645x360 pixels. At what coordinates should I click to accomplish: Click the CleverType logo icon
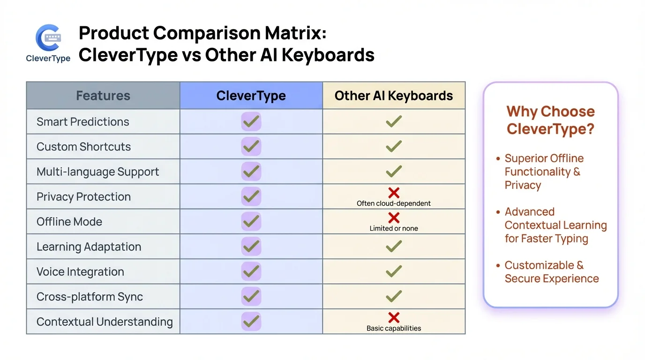[x=48, y=38]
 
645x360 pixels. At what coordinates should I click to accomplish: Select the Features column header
[x=103, y=96]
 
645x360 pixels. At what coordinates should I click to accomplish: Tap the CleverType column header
[x=251, y=96]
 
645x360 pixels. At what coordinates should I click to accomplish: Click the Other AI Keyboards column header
[x=394, y=96]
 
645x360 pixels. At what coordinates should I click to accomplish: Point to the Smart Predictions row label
[x=83, y=122]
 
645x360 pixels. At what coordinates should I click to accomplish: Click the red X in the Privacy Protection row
[x=394, y=193]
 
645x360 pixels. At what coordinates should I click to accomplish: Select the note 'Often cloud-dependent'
[x=394, y=203]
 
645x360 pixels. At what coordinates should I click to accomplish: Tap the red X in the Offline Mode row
[x=394, y=217]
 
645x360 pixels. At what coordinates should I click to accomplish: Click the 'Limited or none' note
[x=394, y=228]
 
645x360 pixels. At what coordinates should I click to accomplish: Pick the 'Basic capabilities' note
[x=394, y=328]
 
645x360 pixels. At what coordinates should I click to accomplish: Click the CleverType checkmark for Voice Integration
[x=251, y=271]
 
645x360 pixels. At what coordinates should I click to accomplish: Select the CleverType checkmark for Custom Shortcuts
[x=251, y=147]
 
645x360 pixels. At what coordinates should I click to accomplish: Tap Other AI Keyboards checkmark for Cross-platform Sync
[x=394, y=296]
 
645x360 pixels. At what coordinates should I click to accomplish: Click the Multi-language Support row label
[x=98, y=172]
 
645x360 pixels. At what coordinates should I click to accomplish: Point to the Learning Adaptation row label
[x=89, y=247]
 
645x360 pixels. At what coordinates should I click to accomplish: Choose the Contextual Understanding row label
[x=105, y=322]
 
